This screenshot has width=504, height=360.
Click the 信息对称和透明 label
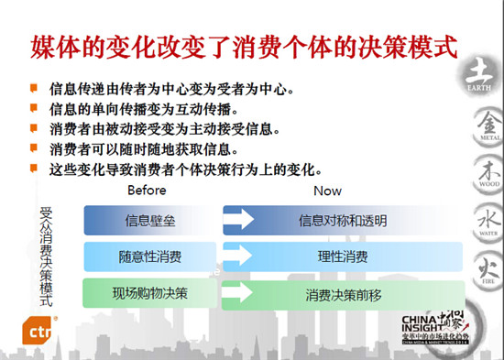click(343, 221)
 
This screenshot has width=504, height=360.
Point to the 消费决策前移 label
click(343, 294)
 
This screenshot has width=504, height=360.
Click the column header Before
click(148, 191)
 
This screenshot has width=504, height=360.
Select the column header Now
click(327, 191)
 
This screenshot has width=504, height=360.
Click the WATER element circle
click(483, 221)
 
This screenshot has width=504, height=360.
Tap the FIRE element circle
click(483, 270)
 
